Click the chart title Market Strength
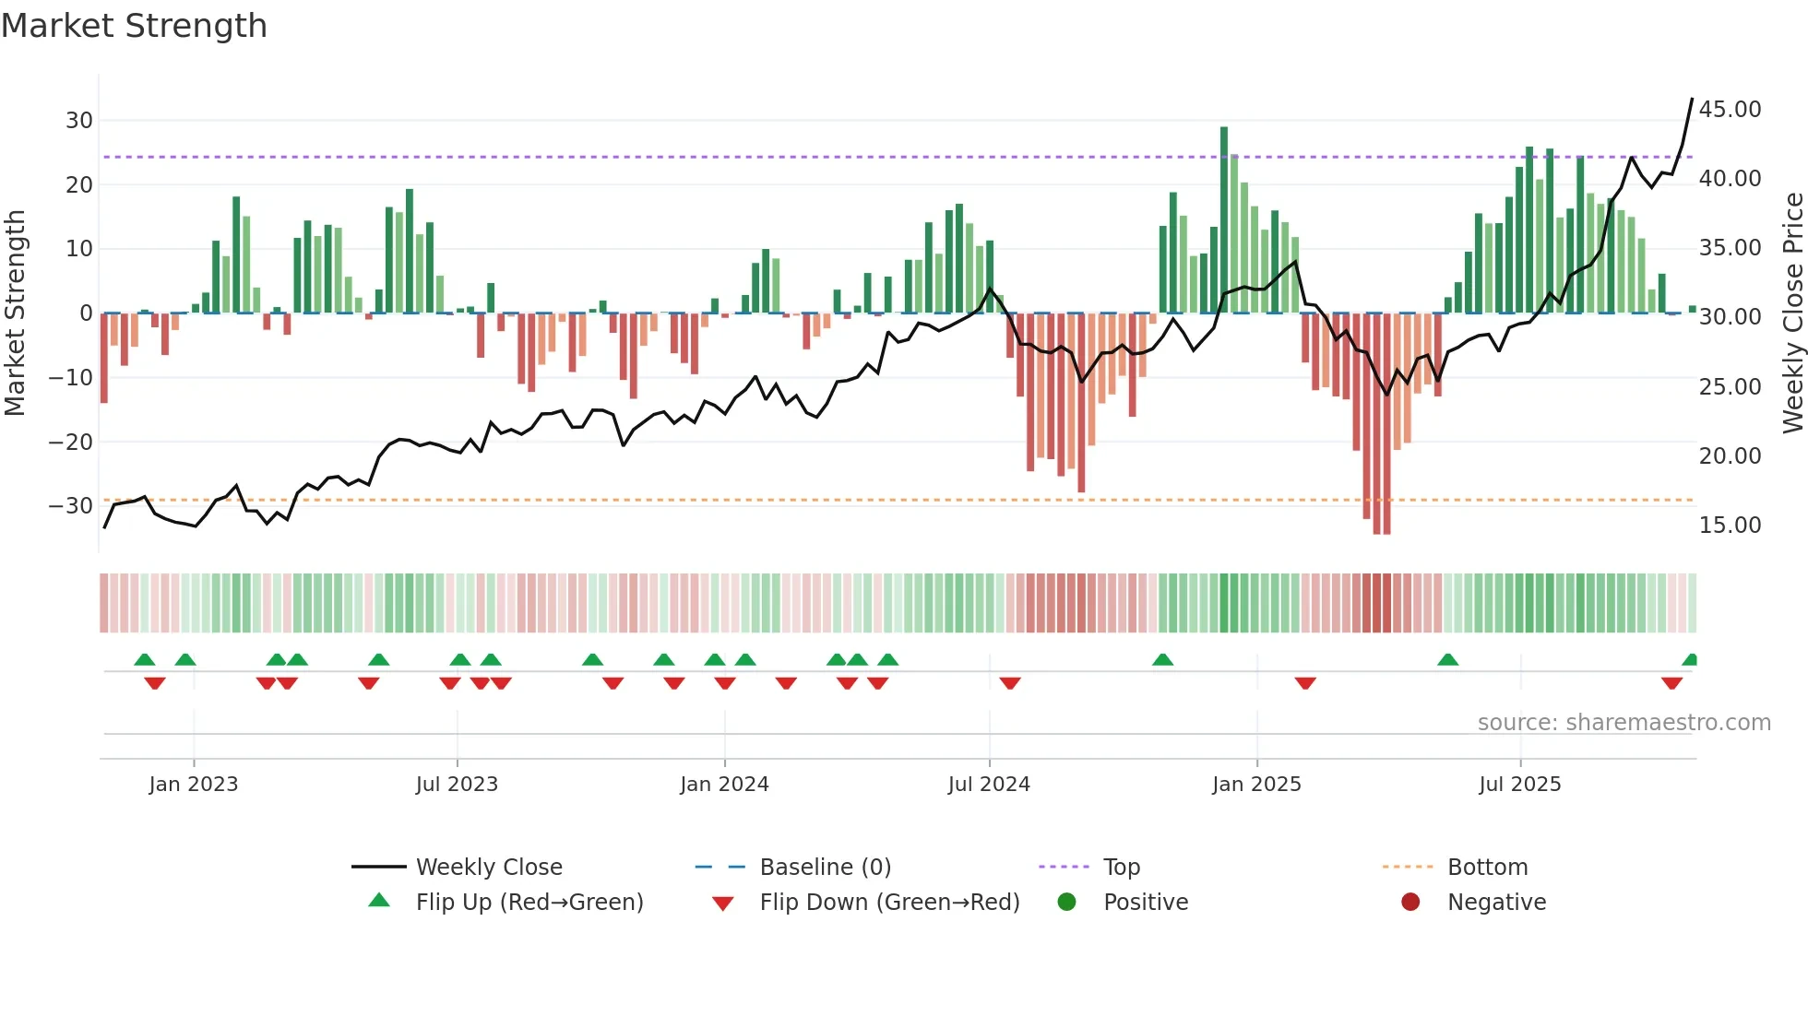click(x=135, y=26)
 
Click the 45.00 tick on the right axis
click(x=1730, y=110)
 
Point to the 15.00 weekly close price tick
click(x=1730, y=526)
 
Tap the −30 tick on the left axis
click(x=71, y=506)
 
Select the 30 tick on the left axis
click(x=78, y=121)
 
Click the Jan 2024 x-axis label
click(x=724, y=785)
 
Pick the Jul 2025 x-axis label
click(x=1519, y=785)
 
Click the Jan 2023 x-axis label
click(x=194, y=785)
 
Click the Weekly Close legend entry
click(x=488, y=868)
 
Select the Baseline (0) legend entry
click(x=825, y=868)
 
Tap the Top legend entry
click(x=1121, y=868)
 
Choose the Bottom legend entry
click(x=1487, y=868)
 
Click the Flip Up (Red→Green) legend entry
click(x=529, y=903)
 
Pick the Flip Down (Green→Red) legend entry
click(x=889, y=903)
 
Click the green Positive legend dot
click(x=1067, y=903)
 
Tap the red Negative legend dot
click(x=1410, y=903)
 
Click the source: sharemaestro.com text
click(x=1624, y=723)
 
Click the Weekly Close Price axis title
click(x=1792, y=313)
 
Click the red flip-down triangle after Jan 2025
click(x=1304, y=683)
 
